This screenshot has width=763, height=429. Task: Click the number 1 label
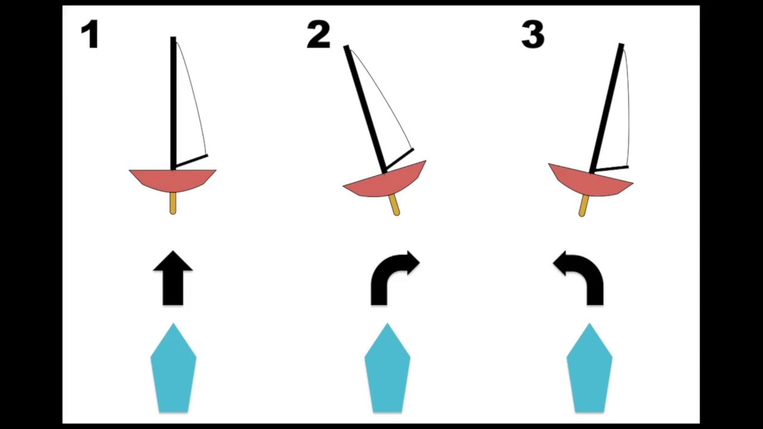click(90, 34)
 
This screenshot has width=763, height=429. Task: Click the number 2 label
click(318, 34)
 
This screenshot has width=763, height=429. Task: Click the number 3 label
click(533, 34)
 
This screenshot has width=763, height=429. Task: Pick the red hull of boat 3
click(590, 182)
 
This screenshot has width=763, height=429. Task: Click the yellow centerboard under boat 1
click(173, 203)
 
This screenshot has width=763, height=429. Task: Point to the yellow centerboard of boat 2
click(395, 205)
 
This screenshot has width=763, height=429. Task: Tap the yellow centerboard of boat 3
click(584, 206)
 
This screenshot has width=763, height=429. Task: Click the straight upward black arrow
click(173, 278)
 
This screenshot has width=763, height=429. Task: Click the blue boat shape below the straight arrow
click(173, 368)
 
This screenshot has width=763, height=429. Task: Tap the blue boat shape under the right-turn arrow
click(387, 368)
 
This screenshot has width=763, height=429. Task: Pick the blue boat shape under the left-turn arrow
click(590, 368)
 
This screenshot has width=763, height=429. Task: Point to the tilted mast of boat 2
click(365, 110)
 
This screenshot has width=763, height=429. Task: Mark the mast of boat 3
click(607, 108)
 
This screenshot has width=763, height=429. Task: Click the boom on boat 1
click(191, 161)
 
